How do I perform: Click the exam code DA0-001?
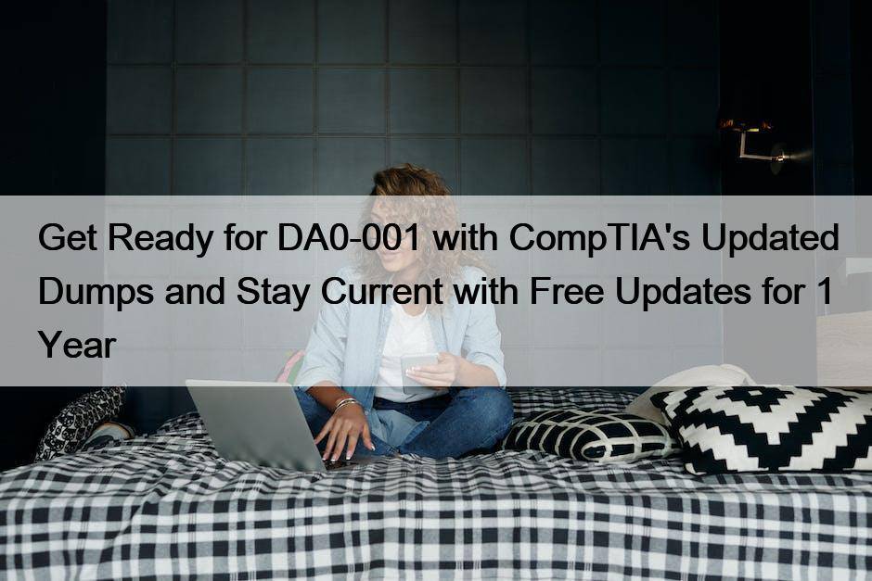pos(349,238)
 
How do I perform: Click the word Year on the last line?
pos(77,345)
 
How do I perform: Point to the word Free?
pos(566,291)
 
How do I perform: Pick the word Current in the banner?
pos(382,291)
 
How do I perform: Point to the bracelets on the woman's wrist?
pos(345,403)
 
